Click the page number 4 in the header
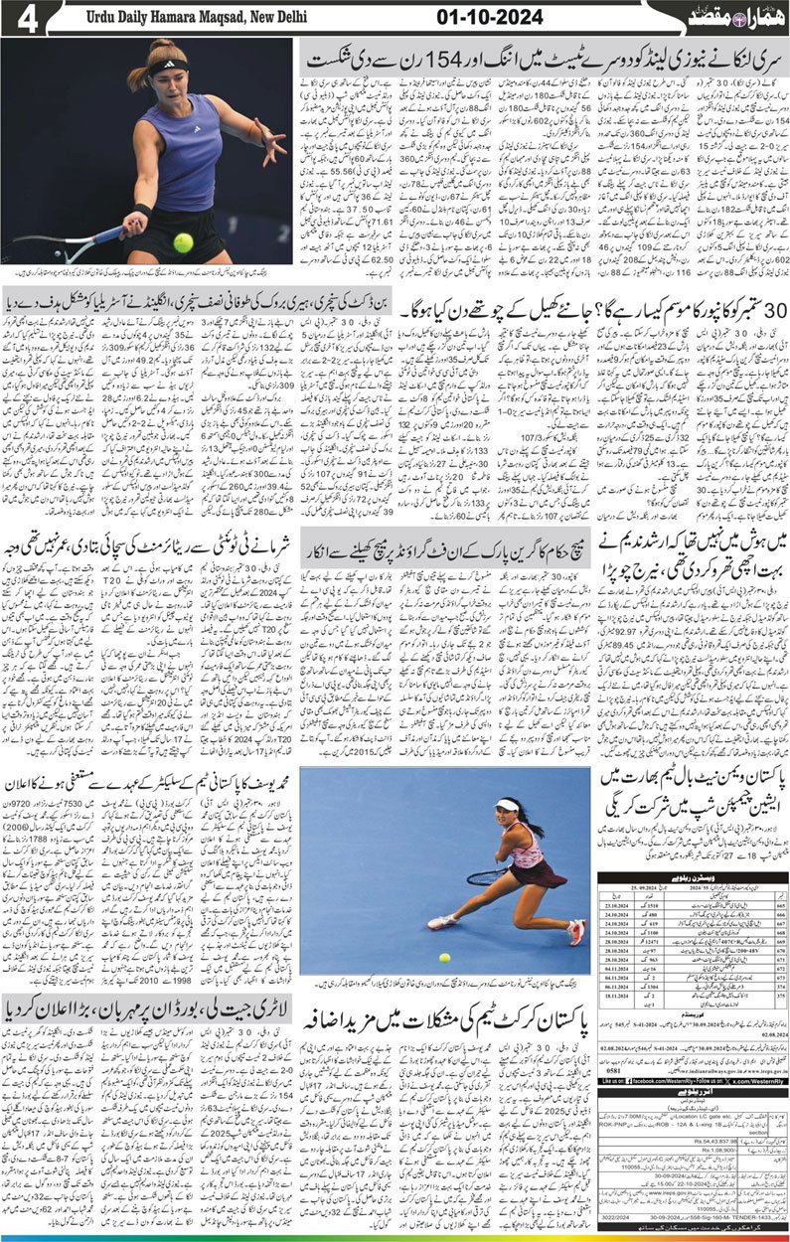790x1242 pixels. point(27,18)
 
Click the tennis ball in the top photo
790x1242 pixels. point(183,241)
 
